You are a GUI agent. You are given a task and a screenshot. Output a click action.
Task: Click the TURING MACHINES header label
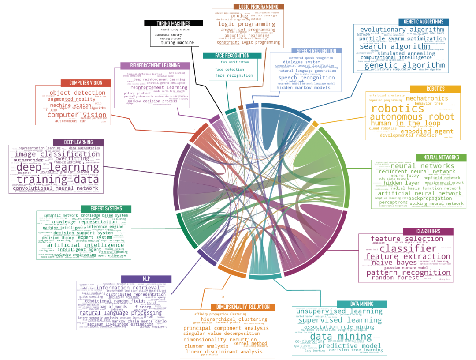[173, 23]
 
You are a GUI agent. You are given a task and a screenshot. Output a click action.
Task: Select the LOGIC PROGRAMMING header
[258, 7]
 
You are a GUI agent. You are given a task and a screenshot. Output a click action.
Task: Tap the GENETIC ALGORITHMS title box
[423, 22]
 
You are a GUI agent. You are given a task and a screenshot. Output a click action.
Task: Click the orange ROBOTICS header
[435, 89]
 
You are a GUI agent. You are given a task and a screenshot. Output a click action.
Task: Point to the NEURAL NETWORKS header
[441, 157]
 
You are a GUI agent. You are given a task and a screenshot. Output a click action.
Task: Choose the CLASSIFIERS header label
[428, 232]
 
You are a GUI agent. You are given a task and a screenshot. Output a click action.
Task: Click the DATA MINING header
[362, 304]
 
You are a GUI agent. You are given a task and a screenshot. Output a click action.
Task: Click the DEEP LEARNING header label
[78, 142]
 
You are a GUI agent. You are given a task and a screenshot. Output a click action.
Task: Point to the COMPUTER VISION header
[86, 83]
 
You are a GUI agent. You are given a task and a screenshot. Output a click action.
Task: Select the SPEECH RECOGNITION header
[316, 51]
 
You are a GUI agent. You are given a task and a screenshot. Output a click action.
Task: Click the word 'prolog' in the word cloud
[239, 16]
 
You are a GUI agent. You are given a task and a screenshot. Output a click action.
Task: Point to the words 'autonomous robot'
[412, 117]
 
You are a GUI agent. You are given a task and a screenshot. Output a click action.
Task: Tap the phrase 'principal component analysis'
[226, 328]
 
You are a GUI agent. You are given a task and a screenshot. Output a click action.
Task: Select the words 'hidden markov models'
[303, 87]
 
